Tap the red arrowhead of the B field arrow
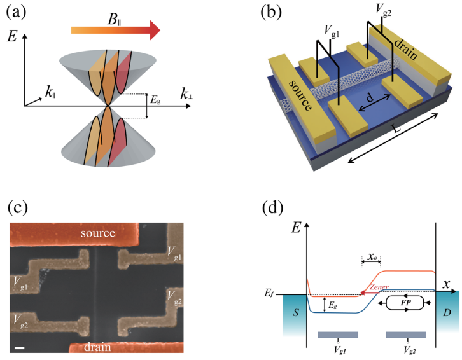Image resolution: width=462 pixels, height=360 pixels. (x=152, y=29)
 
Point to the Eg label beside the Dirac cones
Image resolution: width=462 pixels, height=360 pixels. (x=155, y=100)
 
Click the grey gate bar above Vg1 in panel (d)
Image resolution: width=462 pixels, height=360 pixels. (x=337, y=334)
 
